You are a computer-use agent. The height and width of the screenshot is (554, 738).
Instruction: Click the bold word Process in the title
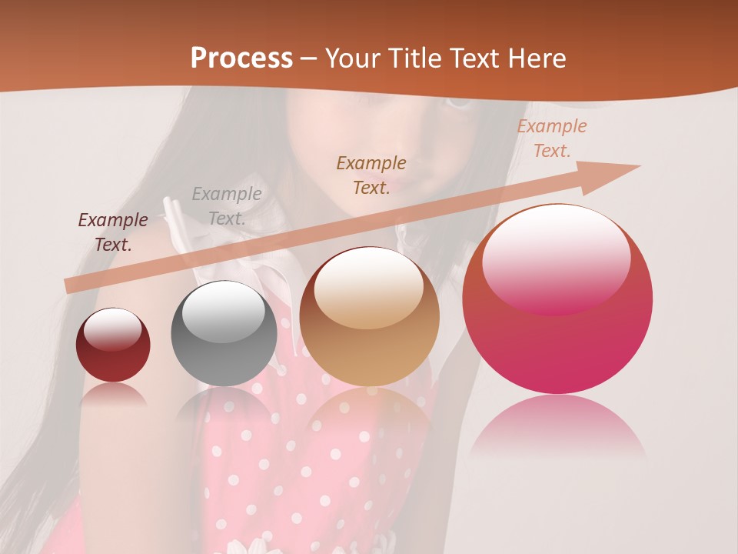[x=241, y=58]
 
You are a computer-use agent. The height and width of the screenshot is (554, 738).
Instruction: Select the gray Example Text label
[x=227, y=206]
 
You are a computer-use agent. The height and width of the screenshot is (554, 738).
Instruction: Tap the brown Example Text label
[x=371, y=175]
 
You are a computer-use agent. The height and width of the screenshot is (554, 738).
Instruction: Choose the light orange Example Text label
[x=552, y=138]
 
